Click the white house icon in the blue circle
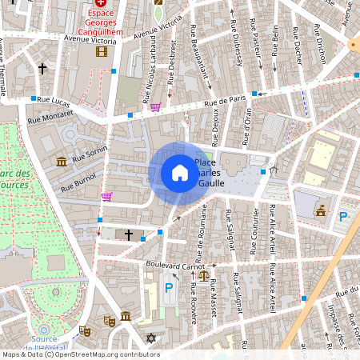click(x=180, y=172)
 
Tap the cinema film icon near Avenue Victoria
click(x=101, y=52)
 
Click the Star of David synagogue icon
click(x=150, y=338)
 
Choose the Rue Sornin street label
click(x=90, y=154)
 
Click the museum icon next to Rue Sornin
click(x=62, y=162)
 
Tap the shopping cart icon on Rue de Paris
click(x=155, y=106)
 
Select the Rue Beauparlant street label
click(x=200, y=56)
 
